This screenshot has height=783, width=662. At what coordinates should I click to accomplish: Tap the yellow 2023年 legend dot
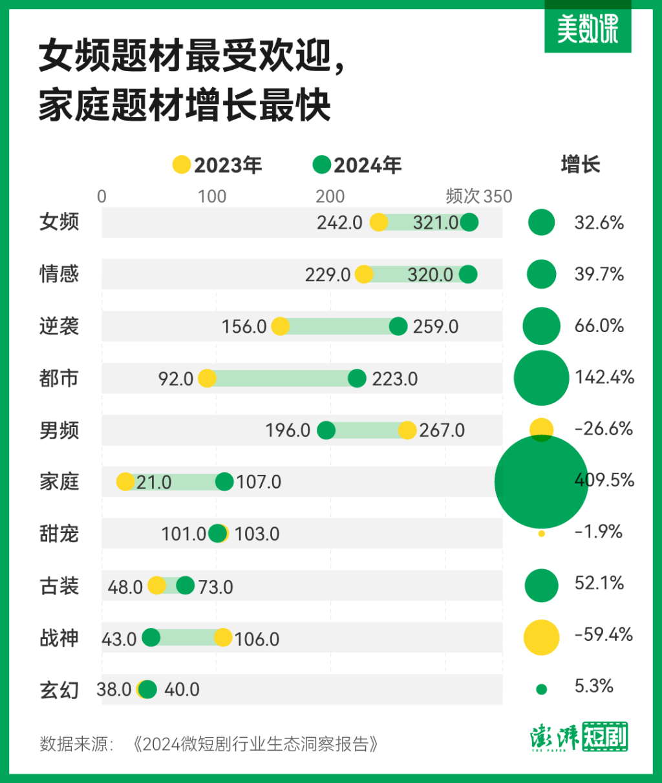182,165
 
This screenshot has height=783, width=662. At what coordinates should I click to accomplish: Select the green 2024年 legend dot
321,165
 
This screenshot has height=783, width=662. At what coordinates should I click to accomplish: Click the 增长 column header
580,165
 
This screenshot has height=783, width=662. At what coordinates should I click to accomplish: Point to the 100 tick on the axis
212,196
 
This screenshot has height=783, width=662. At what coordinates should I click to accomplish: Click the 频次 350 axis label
478,196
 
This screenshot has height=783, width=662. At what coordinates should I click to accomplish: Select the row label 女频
59,222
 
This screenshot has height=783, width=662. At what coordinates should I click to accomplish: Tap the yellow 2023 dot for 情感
364,274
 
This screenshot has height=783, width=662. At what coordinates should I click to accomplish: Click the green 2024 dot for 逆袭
398,326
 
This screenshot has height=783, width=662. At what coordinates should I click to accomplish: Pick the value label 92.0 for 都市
176,379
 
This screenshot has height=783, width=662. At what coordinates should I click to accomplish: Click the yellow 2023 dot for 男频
407,430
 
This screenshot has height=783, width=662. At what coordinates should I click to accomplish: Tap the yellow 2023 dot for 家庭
125,482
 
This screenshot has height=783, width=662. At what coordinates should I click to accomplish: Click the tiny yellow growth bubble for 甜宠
541,534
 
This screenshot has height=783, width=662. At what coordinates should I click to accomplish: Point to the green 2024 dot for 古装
186,586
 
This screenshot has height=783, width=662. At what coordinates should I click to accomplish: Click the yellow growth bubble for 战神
541,637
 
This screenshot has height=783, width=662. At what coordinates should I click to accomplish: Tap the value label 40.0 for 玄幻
182,690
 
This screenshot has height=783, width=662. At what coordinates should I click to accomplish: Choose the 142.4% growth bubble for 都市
541,378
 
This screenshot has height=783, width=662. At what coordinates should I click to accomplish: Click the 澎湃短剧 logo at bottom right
579,737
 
